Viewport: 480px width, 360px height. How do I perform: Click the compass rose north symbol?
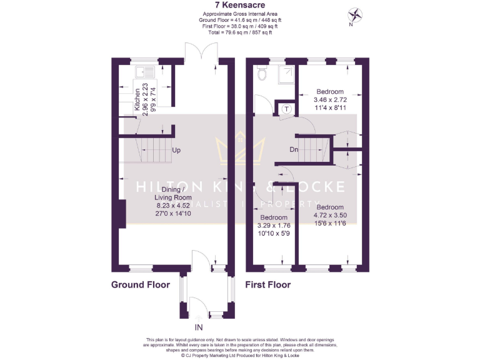point(356,15)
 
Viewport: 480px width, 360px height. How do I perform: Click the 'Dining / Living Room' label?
point(155,194)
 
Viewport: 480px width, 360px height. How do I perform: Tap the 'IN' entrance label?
point(199,327)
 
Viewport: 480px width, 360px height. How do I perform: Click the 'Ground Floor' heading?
point(141,285)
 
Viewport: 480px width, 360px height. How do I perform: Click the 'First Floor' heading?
point(268,285)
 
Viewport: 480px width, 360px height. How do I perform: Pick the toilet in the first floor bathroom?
point(262,74)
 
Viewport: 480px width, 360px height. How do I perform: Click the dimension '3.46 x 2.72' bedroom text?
point(330,99)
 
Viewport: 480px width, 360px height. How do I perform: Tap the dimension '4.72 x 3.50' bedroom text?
point(329,215)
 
